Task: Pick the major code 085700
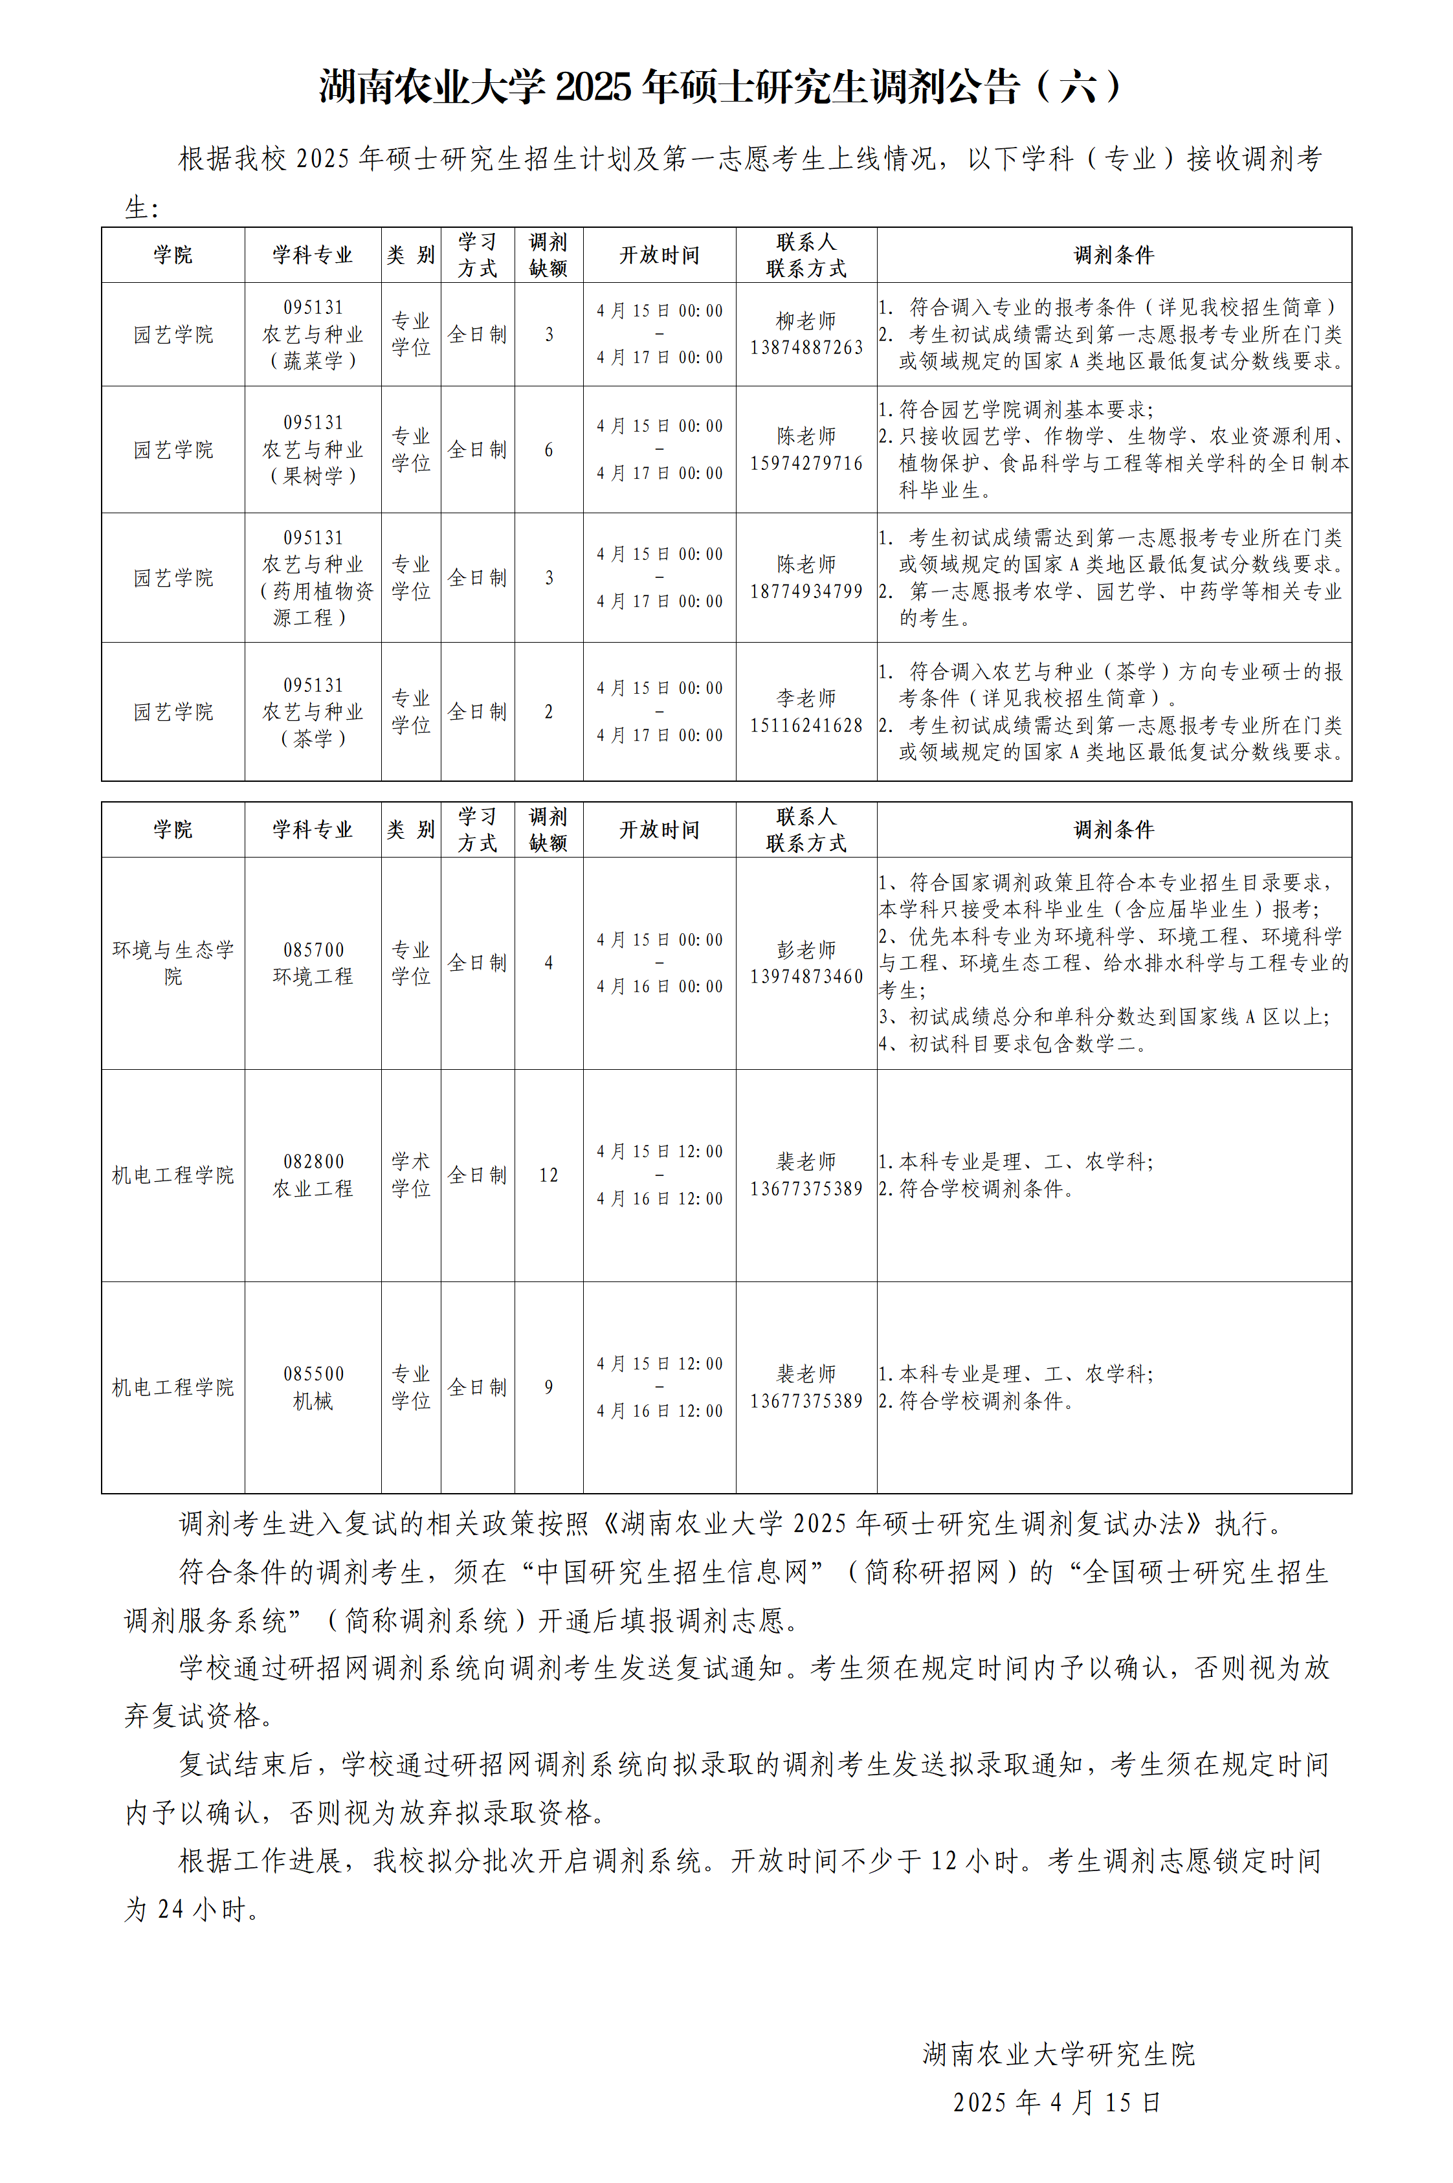[x=313, y=949]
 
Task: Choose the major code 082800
[x=313, y=1162]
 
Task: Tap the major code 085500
[x=313, y=1374]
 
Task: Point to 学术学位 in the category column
[x=410, y=1175]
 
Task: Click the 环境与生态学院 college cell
[x=173, y=962]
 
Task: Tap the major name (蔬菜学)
[x=313, y=361]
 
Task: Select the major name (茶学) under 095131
[x=313, y=738]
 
